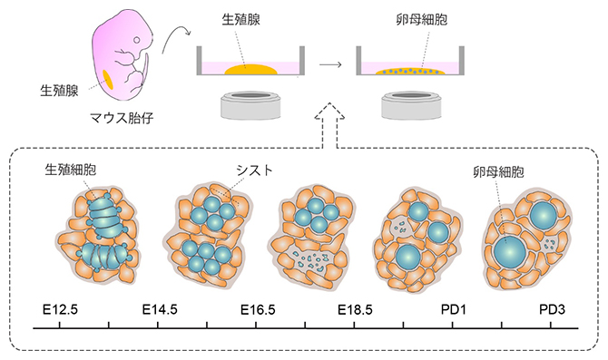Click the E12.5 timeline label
tap(62, 310)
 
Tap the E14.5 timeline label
tap(161, 310)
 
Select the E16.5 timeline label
tap(258, 310)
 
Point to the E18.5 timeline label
tap(355, 310)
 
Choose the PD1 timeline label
tap(454, 310)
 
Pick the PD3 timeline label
tap(551, 310)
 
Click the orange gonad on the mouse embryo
tap(109, 80)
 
